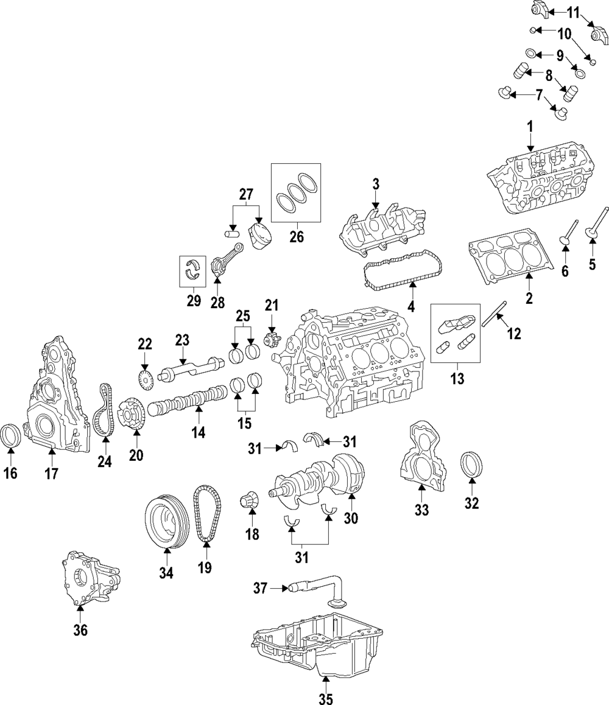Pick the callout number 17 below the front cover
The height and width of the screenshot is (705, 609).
51,473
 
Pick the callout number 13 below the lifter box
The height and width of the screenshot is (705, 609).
457,379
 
